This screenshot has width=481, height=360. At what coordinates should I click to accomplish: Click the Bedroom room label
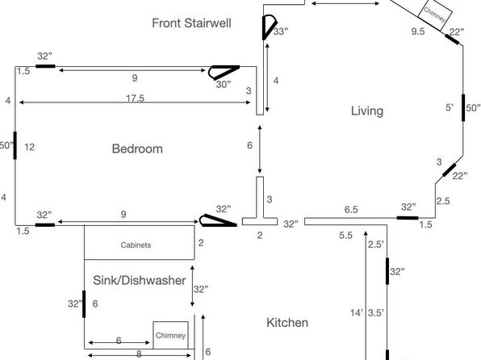137,149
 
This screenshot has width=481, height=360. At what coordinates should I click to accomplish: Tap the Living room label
367,111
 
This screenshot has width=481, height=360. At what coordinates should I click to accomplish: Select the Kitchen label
287,323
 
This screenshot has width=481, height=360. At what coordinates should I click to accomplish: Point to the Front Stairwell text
191,23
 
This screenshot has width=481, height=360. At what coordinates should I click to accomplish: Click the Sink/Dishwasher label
140,280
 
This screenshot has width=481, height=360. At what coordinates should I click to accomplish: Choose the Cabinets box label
136,245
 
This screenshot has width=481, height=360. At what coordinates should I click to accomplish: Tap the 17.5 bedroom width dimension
135,98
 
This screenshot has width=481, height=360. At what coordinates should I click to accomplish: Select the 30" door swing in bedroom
223,73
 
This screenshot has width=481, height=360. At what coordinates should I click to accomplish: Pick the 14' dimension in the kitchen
357,312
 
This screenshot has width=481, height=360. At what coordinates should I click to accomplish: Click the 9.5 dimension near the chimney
418,31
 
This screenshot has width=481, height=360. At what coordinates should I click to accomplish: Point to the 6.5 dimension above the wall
351,210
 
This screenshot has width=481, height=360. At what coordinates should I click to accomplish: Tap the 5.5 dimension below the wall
345,236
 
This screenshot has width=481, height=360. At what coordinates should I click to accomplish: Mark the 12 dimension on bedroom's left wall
29,147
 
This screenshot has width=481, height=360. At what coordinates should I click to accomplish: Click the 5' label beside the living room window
450,107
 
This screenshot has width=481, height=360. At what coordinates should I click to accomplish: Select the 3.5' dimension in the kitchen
376,312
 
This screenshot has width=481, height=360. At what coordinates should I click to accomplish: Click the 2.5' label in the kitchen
376,245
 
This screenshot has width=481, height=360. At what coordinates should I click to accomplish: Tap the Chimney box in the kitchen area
170,335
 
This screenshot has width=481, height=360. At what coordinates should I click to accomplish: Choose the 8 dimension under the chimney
139,354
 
